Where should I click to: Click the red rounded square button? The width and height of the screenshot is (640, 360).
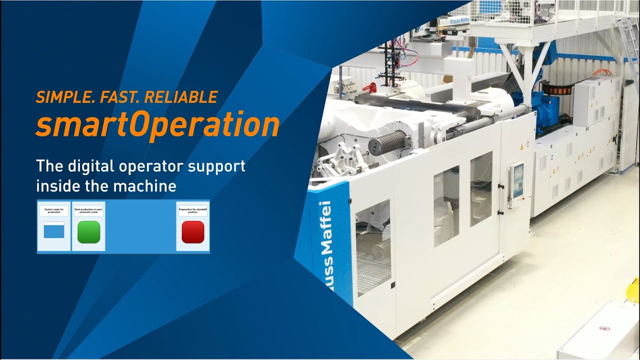pyautogui.click(x=193, y=232)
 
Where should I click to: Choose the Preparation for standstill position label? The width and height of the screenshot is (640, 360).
pyautogui.click(x=193, y=211)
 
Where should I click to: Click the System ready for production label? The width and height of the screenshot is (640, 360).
pyautogui.click(x=54, y=211)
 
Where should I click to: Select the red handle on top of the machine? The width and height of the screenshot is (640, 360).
pyautogui.click(x=369, y=88)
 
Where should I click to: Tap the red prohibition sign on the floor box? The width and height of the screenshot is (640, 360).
pyautogui.click(x=604, y=329)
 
